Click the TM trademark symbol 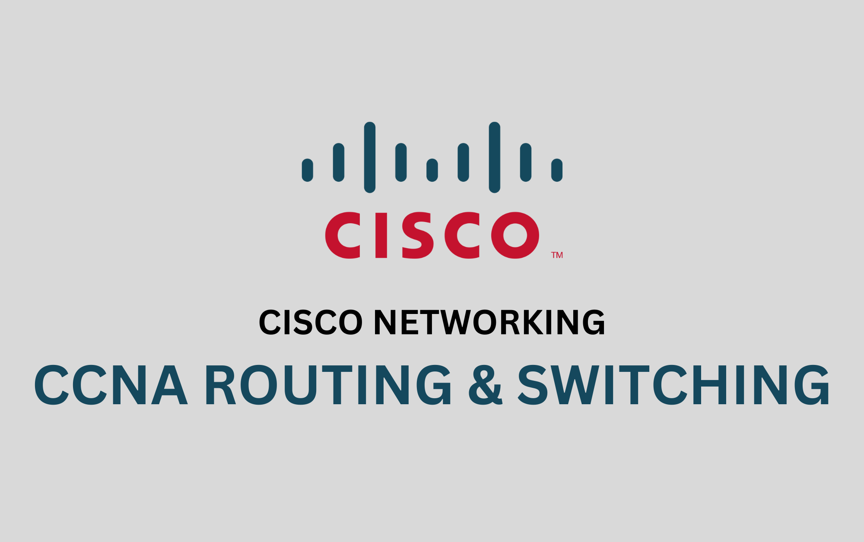coord(557,255)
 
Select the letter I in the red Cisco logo coord(381,235)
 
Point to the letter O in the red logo coord(515,235)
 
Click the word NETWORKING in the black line coord(489,322)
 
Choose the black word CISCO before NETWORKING coord(311,322)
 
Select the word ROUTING coord(328,385)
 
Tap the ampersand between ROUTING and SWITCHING coord(486,385)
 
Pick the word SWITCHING coord(673,385)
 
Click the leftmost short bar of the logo coord(308,170)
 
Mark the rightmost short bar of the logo coord(557,170)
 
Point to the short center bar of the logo coord(432,170)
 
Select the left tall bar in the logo coord(370,157)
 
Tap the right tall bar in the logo coord(494,157)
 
